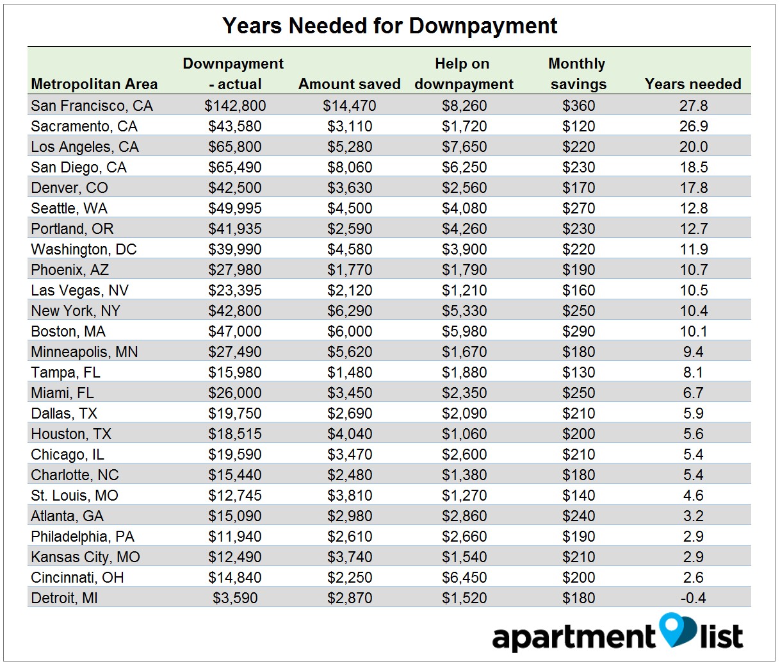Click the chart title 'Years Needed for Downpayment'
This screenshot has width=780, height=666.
389,26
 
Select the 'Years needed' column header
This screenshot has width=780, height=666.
693,84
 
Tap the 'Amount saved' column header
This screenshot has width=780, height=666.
349,84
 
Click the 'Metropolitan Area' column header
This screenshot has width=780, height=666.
94,84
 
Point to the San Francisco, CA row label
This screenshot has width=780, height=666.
92,106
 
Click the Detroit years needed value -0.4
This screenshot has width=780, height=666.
693,598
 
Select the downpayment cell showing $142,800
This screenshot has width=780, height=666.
235,106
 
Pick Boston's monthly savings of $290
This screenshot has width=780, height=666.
578,331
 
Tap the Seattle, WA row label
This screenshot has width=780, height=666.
69,208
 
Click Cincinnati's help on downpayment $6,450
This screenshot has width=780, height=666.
464,578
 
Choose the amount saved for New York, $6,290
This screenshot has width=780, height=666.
350,311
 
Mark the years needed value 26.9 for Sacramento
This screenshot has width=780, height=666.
694,126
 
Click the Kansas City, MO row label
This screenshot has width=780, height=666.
85,557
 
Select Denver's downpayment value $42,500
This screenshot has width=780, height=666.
235,188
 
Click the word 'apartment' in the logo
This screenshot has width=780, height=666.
573,637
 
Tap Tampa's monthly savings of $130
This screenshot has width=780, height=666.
578,372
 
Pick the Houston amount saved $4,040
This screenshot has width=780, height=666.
350,434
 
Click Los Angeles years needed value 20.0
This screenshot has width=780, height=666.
694,147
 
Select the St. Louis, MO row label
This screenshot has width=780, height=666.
74,495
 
